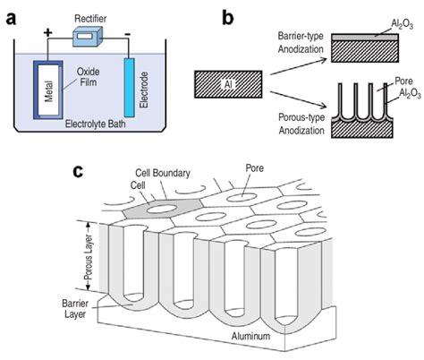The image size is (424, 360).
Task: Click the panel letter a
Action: pos(13,16)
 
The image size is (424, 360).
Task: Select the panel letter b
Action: pos(229,15)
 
